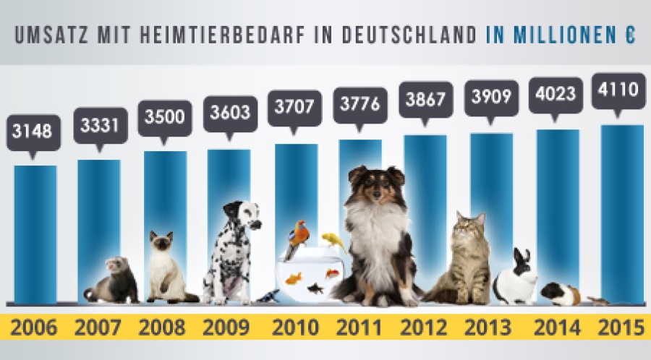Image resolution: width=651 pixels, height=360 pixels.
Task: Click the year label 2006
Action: point(34,327)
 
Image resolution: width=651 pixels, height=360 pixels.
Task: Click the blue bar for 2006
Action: point(35,231)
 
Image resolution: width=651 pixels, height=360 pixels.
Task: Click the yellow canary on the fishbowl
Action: point(331,239)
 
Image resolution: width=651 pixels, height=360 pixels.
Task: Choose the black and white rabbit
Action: point(516,278)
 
